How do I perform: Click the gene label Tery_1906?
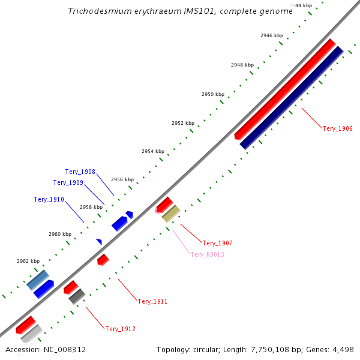(x=337, y=128)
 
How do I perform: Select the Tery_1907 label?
(x=217, y=243)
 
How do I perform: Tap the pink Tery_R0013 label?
(x=207, y=254)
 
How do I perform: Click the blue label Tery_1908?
(x=80, y=172)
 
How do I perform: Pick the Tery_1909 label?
(x=68, y=182)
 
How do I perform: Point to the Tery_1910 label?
(x=49, y=199)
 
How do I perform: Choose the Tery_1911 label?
(x=152, y=301)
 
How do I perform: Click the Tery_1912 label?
(x=121, y=329)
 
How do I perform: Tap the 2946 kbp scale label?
(x=272, y=35)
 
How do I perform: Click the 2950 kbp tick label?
(x=213, y=94)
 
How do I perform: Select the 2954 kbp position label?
(x=153, y=151)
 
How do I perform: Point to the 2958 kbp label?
(x=91, y=206)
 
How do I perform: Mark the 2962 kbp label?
(x=28, y=261)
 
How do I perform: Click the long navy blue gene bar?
(x=292, y=97)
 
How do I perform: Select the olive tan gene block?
(x=171, y=213)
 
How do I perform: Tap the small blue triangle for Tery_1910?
(x=99, y=241)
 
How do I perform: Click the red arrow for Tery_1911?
(x=103, y=259)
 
